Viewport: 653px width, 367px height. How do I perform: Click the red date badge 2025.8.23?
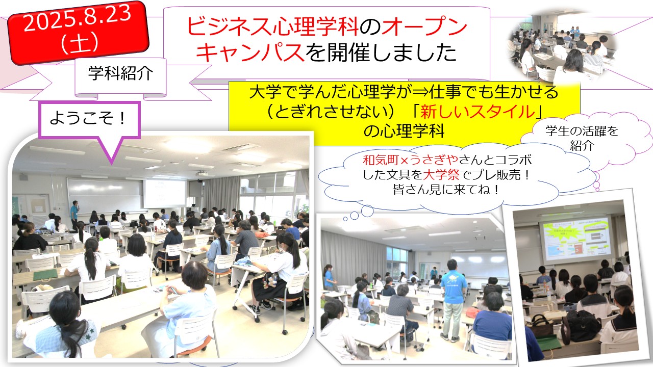78,32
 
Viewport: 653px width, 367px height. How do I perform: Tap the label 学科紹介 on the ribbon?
120,73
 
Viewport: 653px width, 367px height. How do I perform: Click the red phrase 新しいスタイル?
478,112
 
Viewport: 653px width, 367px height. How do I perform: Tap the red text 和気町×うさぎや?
411,160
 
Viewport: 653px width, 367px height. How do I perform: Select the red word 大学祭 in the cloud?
441,175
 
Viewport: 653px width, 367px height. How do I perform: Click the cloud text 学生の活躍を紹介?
582,138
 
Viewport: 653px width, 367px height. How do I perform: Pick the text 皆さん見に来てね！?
446,190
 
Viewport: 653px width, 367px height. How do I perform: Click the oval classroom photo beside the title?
563,46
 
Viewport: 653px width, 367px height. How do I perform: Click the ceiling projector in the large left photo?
202,174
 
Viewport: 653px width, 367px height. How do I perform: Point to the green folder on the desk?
45,275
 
